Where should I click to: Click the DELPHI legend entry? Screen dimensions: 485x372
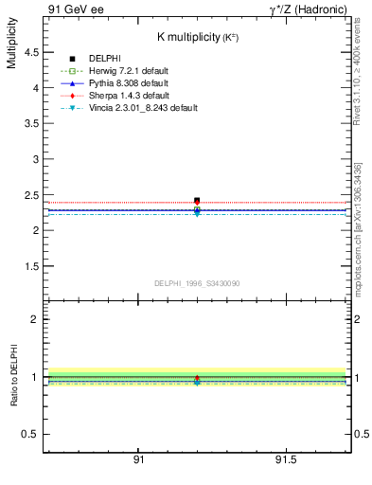pyautogui.click(x=103, y=59)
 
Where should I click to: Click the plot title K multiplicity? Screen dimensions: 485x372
pyautogui.click(x=197, y=36)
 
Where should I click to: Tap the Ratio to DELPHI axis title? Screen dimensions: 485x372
pyautogui.click(x=12, y=377)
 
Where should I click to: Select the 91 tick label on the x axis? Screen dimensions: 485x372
pyautogui.click(x=138, y=460)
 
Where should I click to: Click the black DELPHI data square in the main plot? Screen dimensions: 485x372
pyautogui.click(x=197, y=201)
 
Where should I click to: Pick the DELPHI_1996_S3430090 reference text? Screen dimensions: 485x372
pyautogui.click(x=197, y=283)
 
